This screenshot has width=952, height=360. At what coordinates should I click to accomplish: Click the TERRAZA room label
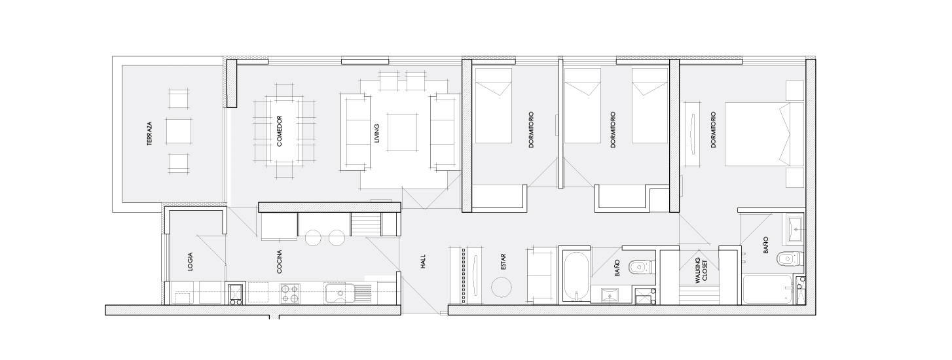149,134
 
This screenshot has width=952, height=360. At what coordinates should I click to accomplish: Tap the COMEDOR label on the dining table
279,132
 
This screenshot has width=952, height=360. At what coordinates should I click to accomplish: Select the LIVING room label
377,133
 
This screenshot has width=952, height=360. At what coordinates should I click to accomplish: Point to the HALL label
423,261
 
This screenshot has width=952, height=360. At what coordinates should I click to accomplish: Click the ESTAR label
503,262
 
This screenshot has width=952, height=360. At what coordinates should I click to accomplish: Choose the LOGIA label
191,262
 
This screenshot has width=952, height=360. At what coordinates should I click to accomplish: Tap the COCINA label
279,261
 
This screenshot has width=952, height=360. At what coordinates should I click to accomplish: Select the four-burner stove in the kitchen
289,294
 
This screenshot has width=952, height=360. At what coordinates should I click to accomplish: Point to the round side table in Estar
502,287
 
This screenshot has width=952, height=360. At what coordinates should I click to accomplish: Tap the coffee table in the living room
402,132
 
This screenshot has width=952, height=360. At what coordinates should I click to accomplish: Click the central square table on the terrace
179,132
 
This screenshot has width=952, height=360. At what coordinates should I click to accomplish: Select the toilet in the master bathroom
790,258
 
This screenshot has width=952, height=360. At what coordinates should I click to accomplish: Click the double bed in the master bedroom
764,134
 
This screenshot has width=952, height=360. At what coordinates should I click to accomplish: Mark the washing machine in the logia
235,294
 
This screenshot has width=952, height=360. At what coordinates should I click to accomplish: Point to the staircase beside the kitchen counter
365,224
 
